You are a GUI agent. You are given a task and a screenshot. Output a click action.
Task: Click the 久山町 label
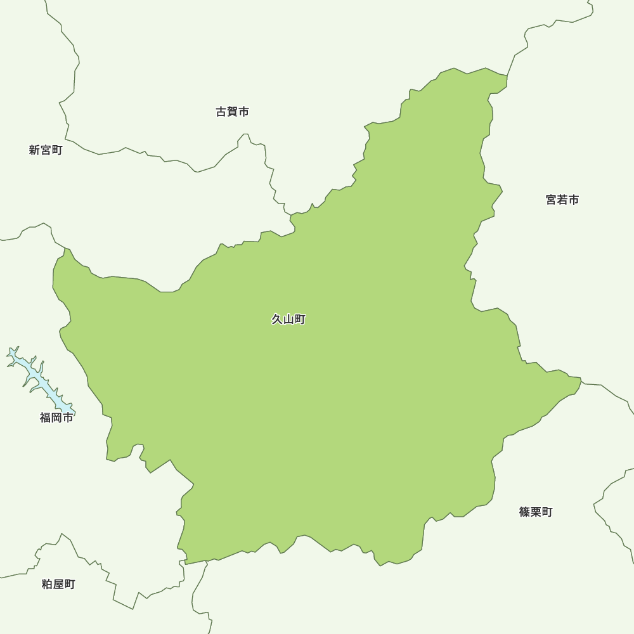click(x=288, y=320)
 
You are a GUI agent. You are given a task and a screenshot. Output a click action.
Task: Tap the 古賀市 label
click(x=232, y=112)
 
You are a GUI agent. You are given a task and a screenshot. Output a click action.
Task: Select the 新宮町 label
click(x=46, y=150)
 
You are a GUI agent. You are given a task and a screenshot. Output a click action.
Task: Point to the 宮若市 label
click(x=562, y=200)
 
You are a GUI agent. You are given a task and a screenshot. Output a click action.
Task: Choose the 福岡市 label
click(x=56, y=418)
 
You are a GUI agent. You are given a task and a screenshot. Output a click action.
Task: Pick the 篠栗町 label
click(x=536, y=512)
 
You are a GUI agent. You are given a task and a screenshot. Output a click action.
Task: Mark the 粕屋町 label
click(x=58, y=585)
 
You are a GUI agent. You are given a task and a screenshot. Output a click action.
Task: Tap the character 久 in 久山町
click(x=277, y=320)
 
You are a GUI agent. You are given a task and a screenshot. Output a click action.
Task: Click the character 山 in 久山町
click(x=288, y=320)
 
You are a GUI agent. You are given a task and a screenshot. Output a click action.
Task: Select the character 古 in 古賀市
click(x=221, y=112)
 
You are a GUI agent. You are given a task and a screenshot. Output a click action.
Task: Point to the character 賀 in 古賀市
click(x=232, y=112)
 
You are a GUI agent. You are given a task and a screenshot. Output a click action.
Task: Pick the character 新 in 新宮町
click(x=34, y=150)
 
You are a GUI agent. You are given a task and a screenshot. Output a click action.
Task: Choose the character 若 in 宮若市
click(x=562, y=200)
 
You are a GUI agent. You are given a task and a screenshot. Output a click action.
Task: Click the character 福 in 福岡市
click(x=45, y=418)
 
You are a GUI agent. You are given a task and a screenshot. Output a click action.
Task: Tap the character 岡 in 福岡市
click(x=56, y=418)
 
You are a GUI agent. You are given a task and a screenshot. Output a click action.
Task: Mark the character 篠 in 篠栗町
click(x=524, y=512)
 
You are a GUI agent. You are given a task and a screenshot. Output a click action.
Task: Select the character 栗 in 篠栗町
click(x=536, y=512)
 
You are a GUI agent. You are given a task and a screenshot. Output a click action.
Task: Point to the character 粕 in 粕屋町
click(x=47, y=585)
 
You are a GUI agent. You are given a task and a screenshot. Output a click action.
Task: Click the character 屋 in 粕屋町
click(x=58, y=585)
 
